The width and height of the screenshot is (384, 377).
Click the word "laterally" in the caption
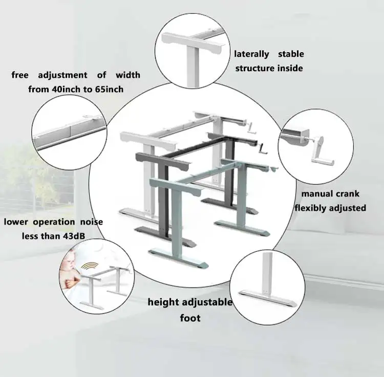pos(251,54)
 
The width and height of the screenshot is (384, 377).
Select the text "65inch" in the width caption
pos(108,89)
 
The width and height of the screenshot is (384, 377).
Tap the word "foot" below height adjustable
pos(190,318)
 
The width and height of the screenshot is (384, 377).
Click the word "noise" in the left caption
pos(91,221)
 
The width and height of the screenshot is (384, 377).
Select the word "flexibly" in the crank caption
pos(311,208)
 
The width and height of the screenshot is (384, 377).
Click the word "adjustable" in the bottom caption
pos(206,302)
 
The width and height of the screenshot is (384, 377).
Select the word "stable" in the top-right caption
pos(291,54)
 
